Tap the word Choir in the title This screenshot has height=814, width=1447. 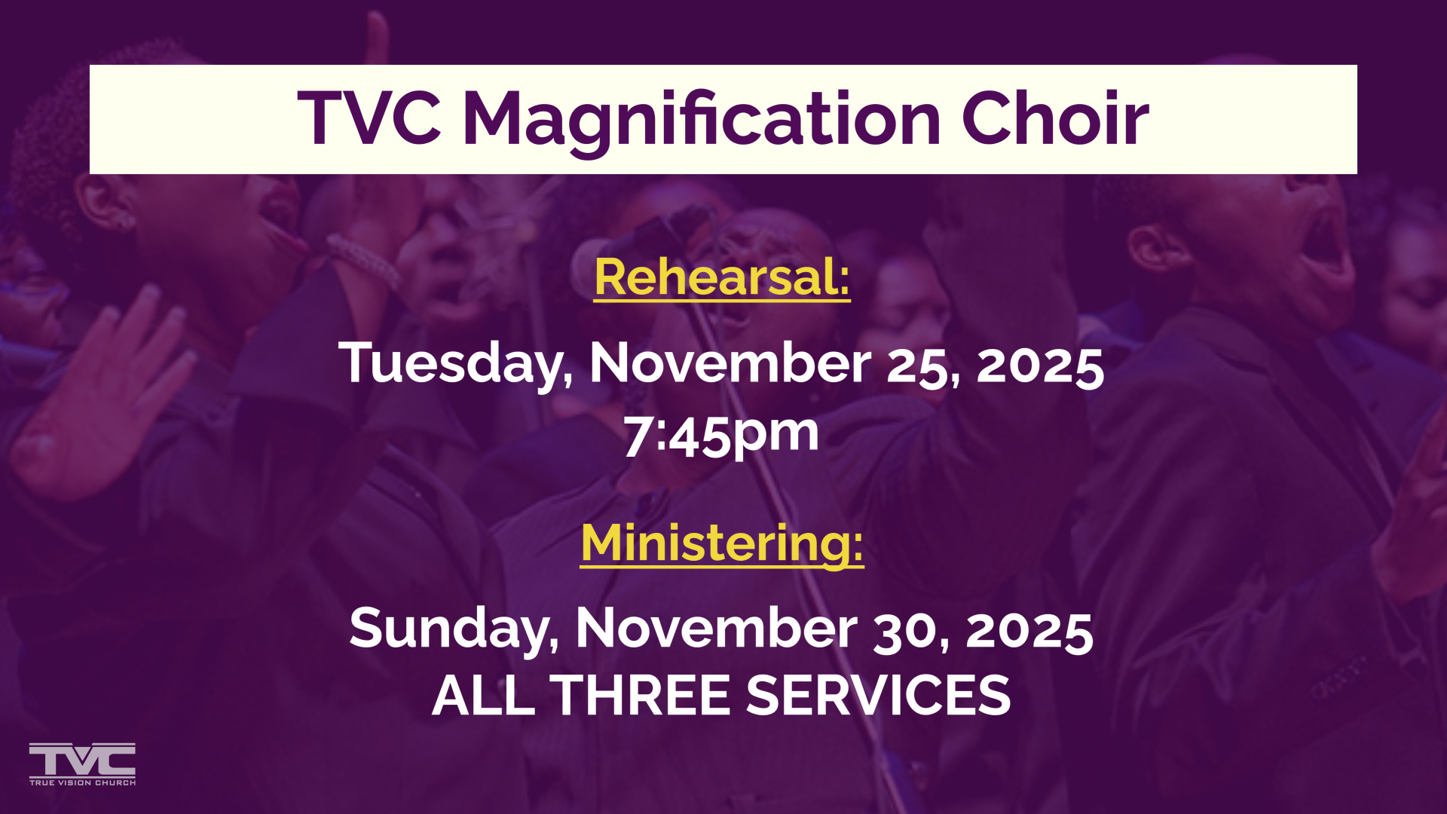[x=1055, y=118]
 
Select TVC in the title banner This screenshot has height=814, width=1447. [x=369, y=118]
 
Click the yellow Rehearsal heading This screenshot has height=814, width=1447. [x=722, y=277]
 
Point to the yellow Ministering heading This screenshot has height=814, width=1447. [x=722, y=543]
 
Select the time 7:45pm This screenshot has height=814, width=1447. [x=721, y=436]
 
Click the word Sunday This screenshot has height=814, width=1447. [x=454, y=630]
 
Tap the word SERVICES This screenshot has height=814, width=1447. [x=878, y=695]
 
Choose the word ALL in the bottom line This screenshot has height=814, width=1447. [x=483, y=695]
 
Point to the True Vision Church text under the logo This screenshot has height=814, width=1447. [x=82, y=783]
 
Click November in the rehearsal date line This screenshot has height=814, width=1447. [x=730, y=363]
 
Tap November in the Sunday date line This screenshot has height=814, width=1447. [x=717, y=629]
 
